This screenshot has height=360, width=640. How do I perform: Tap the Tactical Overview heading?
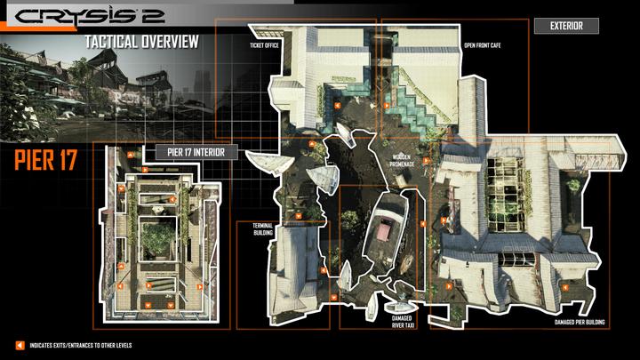[142, 43]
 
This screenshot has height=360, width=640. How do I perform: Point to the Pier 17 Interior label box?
[196, 151]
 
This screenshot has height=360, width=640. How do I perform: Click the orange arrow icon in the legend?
[19, 345]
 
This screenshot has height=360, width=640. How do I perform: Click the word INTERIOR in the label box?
[217, 151]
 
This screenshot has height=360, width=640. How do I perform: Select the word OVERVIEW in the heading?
[167, 43]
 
